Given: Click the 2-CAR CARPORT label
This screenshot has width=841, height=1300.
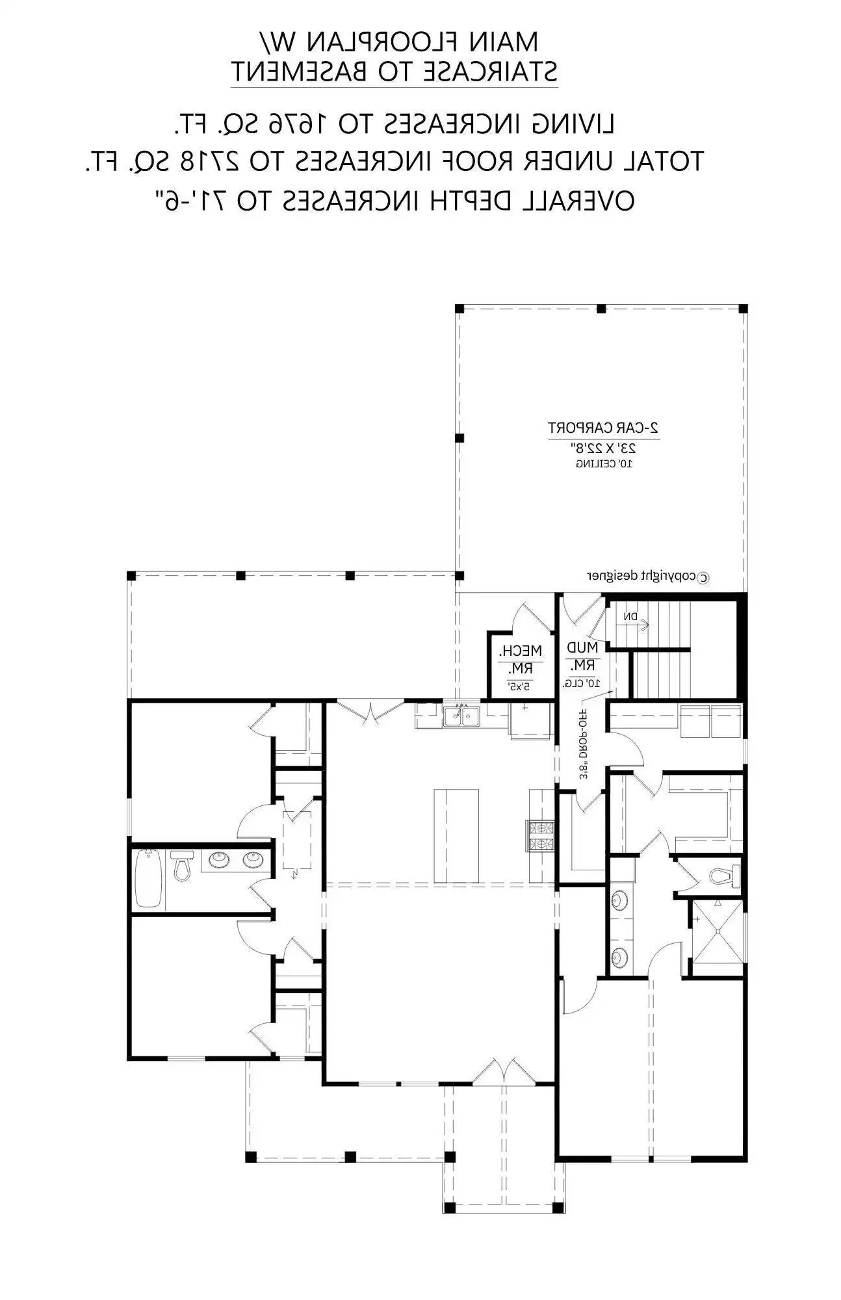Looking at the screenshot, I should [x=604, y=428].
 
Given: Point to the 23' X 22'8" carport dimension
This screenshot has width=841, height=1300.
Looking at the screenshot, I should [x=604, y=448].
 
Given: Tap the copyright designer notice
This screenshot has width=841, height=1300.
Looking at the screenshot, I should [x=649, y=576].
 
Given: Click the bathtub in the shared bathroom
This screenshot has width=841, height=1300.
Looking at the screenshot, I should [x=148, y=877].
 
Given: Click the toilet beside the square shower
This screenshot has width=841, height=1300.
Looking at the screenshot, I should [x=723, y=875].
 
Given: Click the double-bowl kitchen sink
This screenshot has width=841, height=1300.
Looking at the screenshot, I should [x=461, y=715].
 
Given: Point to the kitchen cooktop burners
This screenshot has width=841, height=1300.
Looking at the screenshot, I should [x=540, y=836].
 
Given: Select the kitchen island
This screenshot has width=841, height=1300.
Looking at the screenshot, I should [x=456, y=835].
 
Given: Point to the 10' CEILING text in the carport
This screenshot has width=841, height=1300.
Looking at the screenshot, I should [x=604, y=464].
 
